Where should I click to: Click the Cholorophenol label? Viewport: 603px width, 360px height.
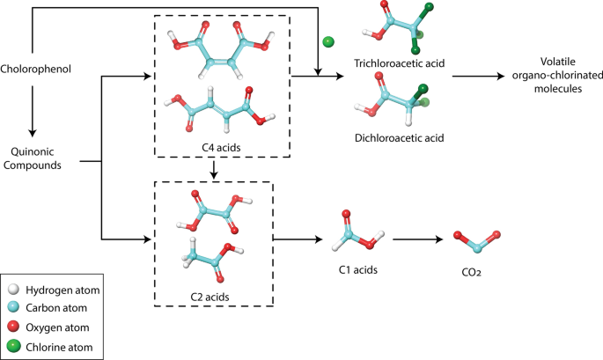[x=35, y=68]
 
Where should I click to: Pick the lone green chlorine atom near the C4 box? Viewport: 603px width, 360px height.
[x=327, y=41]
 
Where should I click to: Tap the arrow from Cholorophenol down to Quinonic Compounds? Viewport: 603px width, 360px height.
[x=32, y=105]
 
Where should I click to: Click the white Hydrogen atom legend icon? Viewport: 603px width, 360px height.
[x=14, y=290]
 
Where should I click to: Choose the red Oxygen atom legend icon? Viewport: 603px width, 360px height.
[x=14, y=327]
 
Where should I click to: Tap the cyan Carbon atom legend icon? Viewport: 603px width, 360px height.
[x=14, y=308]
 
